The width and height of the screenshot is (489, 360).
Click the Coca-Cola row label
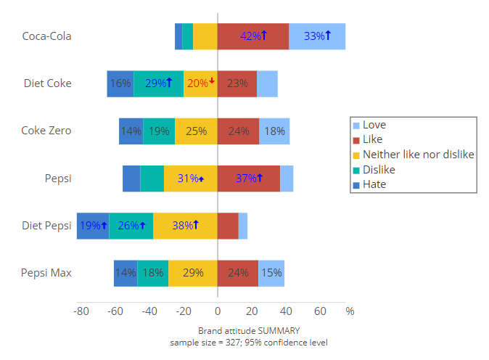(x=46, y=36)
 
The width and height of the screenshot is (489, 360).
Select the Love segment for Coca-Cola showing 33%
(x=317, y=36)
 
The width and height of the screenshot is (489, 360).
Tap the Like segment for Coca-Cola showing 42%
(x=253, y=36)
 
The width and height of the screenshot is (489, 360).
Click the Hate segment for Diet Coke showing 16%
(x=120, y=83)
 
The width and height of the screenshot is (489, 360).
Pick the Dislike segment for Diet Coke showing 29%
(x=158, y=83)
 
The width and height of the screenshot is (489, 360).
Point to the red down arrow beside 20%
(x=213, y=81)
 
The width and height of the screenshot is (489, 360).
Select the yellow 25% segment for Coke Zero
(x=196, y=131)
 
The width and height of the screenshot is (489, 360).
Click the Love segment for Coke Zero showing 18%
(x=274, y=131)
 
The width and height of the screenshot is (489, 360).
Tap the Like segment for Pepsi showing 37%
(x=249, y=179)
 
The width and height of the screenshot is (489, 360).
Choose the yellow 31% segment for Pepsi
(x=190, y=179)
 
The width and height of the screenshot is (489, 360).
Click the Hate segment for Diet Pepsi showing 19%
(x=93, y=226)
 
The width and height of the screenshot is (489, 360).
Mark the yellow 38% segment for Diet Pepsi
(x=185, y=226)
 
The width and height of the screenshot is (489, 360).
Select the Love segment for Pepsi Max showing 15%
(x=271, y=273)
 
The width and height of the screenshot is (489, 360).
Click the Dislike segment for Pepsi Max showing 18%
(x=152, y=273)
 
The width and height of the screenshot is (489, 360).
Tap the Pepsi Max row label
(x=46, y=273)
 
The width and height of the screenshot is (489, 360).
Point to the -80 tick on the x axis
(x=81, y=311)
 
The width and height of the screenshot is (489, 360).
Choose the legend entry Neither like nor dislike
(x=418, y=155)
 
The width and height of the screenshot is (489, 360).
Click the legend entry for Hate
(x=374, y=184)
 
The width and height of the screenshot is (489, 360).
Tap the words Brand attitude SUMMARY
(x=250, y=330)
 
